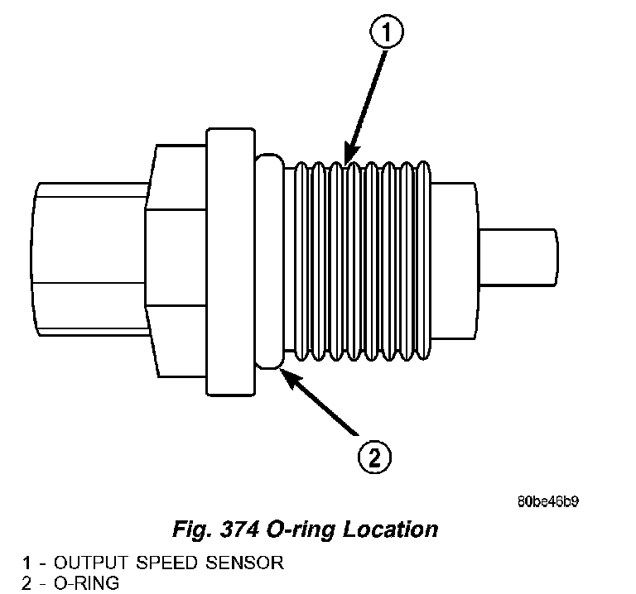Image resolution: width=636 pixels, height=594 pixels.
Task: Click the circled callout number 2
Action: pyautogui.click(x=374, y=456)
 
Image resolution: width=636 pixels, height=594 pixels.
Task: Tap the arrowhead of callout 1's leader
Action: pyautogui.click(x=346, y=159)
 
